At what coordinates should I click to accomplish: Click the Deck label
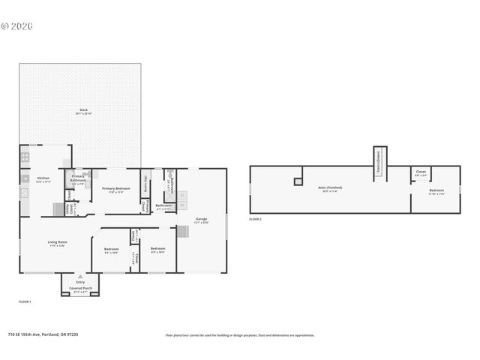tap(83, 111)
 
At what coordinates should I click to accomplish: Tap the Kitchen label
tap(43, 178)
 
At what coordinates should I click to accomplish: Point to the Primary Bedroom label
tap(116, 189)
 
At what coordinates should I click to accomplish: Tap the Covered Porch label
tap(80, 289)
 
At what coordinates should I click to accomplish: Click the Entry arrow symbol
tap(80, 276)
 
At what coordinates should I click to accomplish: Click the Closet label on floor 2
tap(421, 172)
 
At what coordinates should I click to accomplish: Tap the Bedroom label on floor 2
tap(436, 190)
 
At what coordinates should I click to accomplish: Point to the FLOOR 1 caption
tap(25, 301)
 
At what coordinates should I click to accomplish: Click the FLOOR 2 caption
tap(256, 219)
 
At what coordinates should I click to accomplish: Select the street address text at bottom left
tap(43, 334)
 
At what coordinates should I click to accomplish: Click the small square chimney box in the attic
tap(298, 181)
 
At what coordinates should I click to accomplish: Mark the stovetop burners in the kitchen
tap(25, 157)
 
